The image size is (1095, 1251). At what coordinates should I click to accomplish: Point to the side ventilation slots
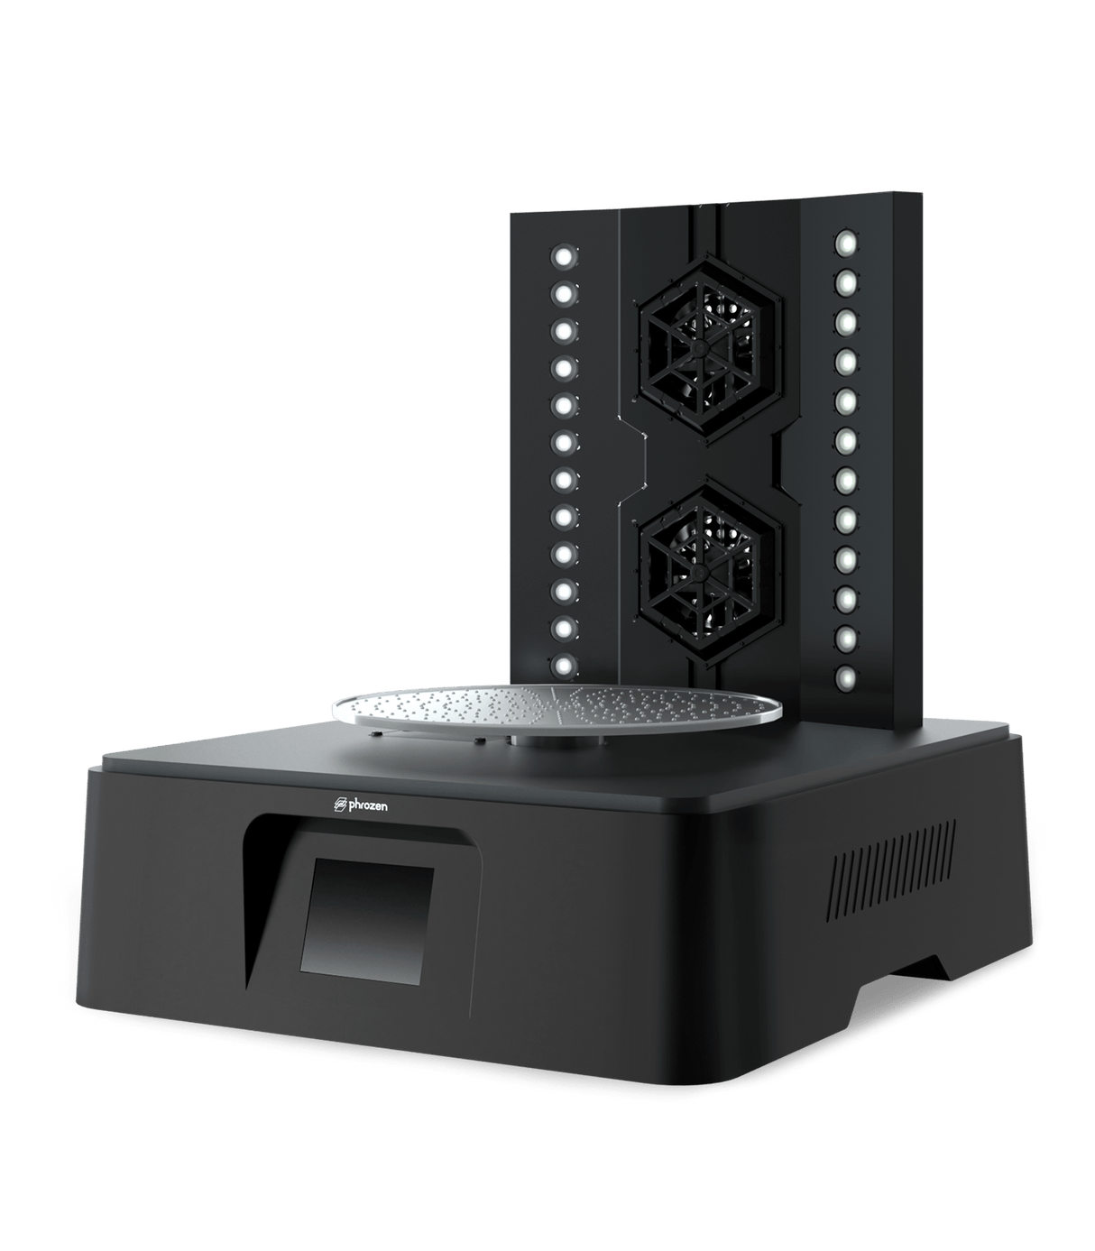point(893,870)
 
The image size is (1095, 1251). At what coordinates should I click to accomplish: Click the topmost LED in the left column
point(564,257)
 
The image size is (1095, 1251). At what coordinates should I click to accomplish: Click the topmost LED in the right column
point(846,243)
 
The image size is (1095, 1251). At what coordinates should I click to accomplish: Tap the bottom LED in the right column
point(846,676)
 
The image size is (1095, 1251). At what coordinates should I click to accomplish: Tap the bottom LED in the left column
point(564,666)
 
